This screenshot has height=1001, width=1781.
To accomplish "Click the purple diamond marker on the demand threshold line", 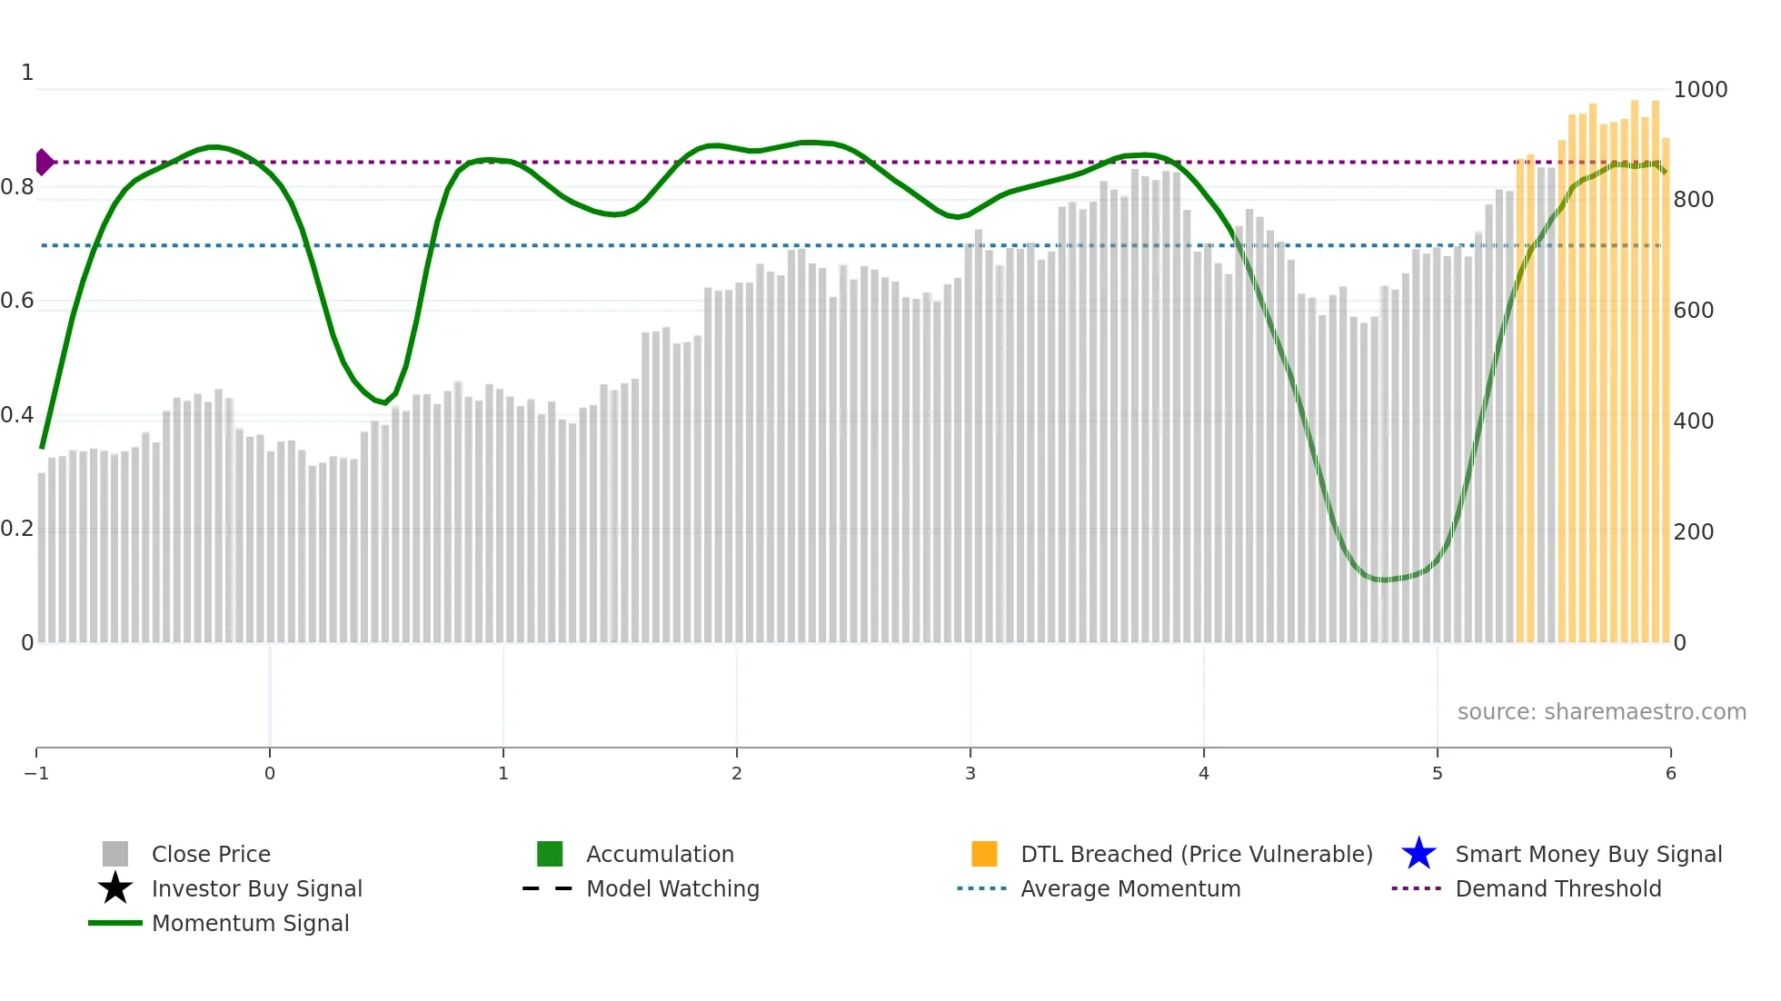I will point(44,163).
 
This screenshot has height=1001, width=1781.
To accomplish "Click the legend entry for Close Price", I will point(210,855).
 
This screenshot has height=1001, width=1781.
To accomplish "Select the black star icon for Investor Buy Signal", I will point(115,888).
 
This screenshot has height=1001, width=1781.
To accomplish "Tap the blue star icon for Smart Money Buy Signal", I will point(1418,854).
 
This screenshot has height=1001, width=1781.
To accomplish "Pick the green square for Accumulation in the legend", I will point(550,854).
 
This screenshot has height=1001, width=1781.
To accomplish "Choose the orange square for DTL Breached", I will point(984,854).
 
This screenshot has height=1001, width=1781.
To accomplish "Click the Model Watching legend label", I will point(672,889).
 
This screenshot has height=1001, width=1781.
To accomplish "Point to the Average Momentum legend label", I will point(1130,889).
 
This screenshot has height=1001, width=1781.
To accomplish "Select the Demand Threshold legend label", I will point(1557,889).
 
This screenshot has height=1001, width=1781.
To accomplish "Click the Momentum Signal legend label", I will point(250,924).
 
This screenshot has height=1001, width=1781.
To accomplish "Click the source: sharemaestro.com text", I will point(1601,712).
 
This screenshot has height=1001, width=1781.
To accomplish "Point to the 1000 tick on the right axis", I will point(1700,90).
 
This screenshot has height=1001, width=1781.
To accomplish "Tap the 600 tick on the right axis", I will point(1694,311).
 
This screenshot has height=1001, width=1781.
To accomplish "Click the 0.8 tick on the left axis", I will point(17,188).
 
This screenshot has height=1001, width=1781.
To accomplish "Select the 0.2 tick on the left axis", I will point(17,529).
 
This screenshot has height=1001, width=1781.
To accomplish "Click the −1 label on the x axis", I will point(36,774).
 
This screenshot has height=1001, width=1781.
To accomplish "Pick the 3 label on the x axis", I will point(970,774).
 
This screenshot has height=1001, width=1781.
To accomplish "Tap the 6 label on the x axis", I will point(1670,774).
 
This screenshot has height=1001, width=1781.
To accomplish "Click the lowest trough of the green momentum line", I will point(1383,580).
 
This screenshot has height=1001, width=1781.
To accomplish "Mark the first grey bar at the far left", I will point(42,558).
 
